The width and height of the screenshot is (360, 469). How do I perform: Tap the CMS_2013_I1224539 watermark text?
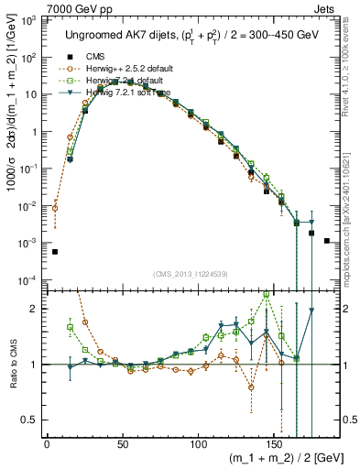pyautogui.click(x=191, y=273)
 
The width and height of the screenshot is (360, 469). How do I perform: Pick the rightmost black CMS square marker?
pyautogui.click(x=327, y=241)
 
